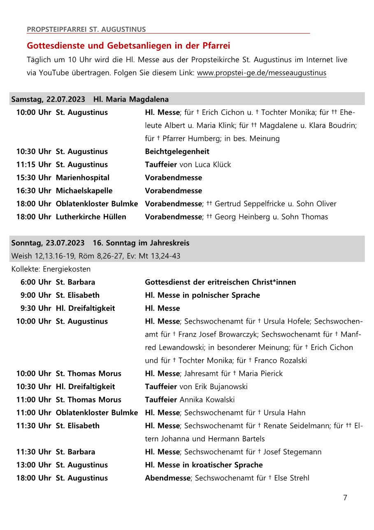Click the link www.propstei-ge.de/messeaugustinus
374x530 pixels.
(262, 73)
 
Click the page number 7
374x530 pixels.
(345, 497)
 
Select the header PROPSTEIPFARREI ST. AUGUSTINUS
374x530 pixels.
(86, 29)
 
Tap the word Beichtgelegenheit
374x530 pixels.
(177, 152)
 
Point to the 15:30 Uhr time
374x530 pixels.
(34, 178)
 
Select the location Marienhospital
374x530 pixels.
(83, 178)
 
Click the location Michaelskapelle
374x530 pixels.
(84, 191)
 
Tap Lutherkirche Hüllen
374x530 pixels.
(91, 217)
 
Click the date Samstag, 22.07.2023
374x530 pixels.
(48, 99)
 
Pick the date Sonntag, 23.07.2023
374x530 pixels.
(48, 243)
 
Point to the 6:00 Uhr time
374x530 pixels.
(36, 282)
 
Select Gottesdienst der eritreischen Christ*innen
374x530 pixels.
(220, 282)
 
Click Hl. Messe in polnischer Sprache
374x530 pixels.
(202, 295)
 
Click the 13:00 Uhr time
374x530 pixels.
(34, 465)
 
